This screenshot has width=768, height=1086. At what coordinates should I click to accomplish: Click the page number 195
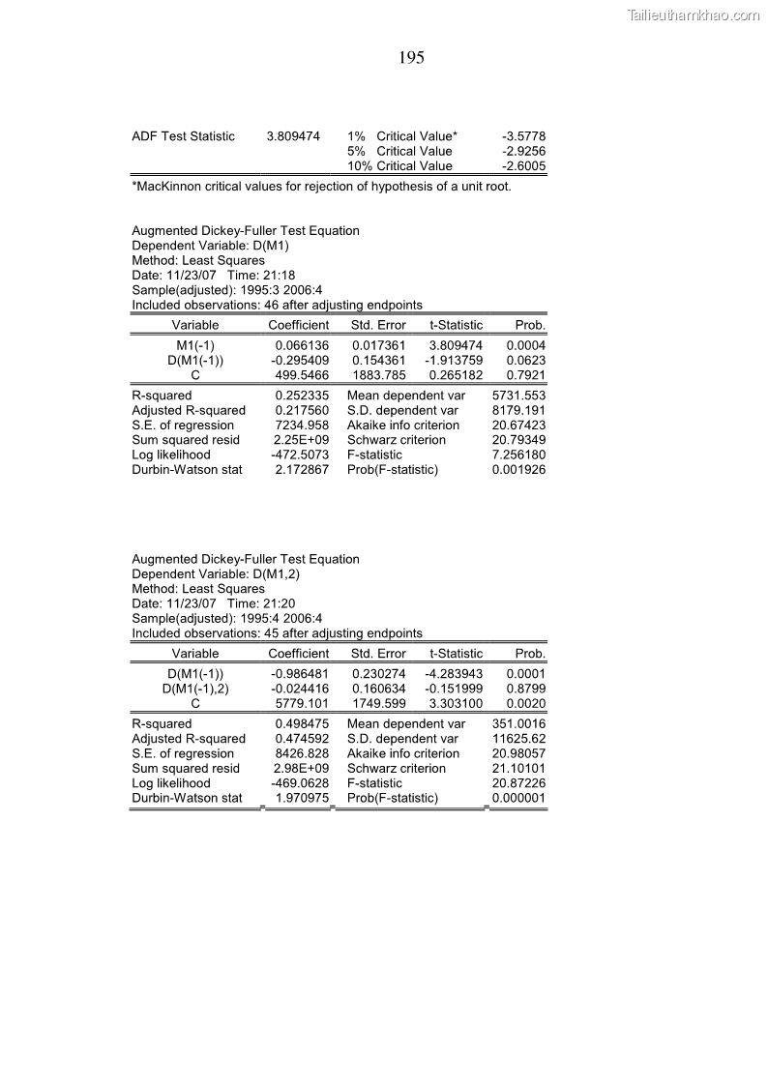(x=411, y=58)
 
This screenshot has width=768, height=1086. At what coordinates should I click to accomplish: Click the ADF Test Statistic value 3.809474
(x=293, y=136)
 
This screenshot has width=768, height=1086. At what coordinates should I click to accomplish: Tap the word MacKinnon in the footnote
(x=166, y=187)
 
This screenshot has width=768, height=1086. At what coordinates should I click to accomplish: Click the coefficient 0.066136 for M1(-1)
(x=302, y=345)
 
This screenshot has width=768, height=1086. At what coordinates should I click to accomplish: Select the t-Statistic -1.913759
(x=454, y=361)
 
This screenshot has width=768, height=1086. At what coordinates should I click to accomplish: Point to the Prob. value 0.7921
(x=526, y=375)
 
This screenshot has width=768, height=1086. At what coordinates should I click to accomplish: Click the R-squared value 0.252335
(x=302, y=396)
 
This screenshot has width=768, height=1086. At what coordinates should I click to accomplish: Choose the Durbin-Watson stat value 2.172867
(x=302, y=470)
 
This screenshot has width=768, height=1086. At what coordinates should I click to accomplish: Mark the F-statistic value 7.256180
(x=518, y=455)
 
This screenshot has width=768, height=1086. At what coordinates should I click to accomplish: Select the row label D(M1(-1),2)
(x=195, y=689)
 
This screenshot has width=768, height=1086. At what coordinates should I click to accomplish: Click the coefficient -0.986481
(x=301, y=674)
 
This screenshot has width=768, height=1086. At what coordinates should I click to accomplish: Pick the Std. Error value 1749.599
(x=379, y=704)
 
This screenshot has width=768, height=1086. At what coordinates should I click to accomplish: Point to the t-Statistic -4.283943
(x=454, y=674)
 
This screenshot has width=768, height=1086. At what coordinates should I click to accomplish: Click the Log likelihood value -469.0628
(x=301, y=783)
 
